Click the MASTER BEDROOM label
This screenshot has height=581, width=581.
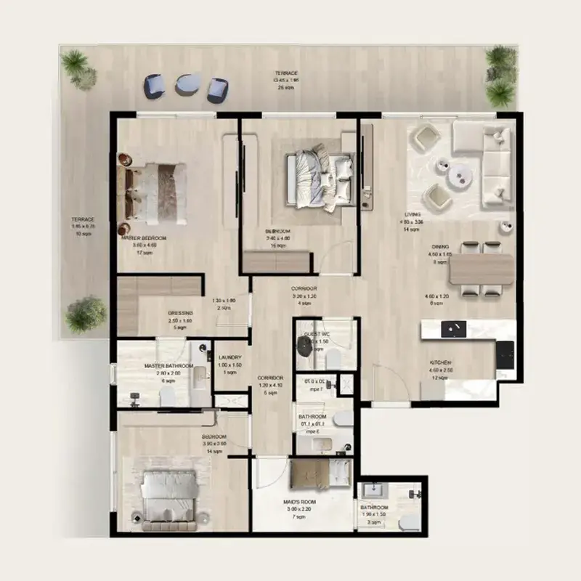click(145, 238)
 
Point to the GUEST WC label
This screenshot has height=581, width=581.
click(317, 333)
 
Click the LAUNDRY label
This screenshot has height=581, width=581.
click(229, 357)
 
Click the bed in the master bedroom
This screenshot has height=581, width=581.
click(154, 190)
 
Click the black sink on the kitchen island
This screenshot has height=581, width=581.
click(458, 328)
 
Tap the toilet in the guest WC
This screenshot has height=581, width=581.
click(336, 358)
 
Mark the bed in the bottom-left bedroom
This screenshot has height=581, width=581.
click(168, 495)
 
